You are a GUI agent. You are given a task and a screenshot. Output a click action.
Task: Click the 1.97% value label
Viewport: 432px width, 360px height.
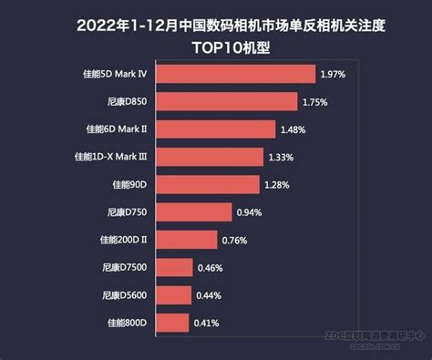click(x=332, y=74)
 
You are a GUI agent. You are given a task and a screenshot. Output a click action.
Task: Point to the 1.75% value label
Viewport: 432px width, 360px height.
click(x=314, y=101)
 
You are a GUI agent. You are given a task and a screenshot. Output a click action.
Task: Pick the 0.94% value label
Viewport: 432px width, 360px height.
click(x=249, y=212)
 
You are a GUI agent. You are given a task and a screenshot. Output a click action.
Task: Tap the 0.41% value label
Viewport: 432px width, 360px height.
click(x=206, y=322)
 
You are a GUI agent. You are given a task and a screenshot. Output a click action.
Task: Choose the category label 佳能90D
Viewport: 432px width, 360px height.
click(x=129, y=185)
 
